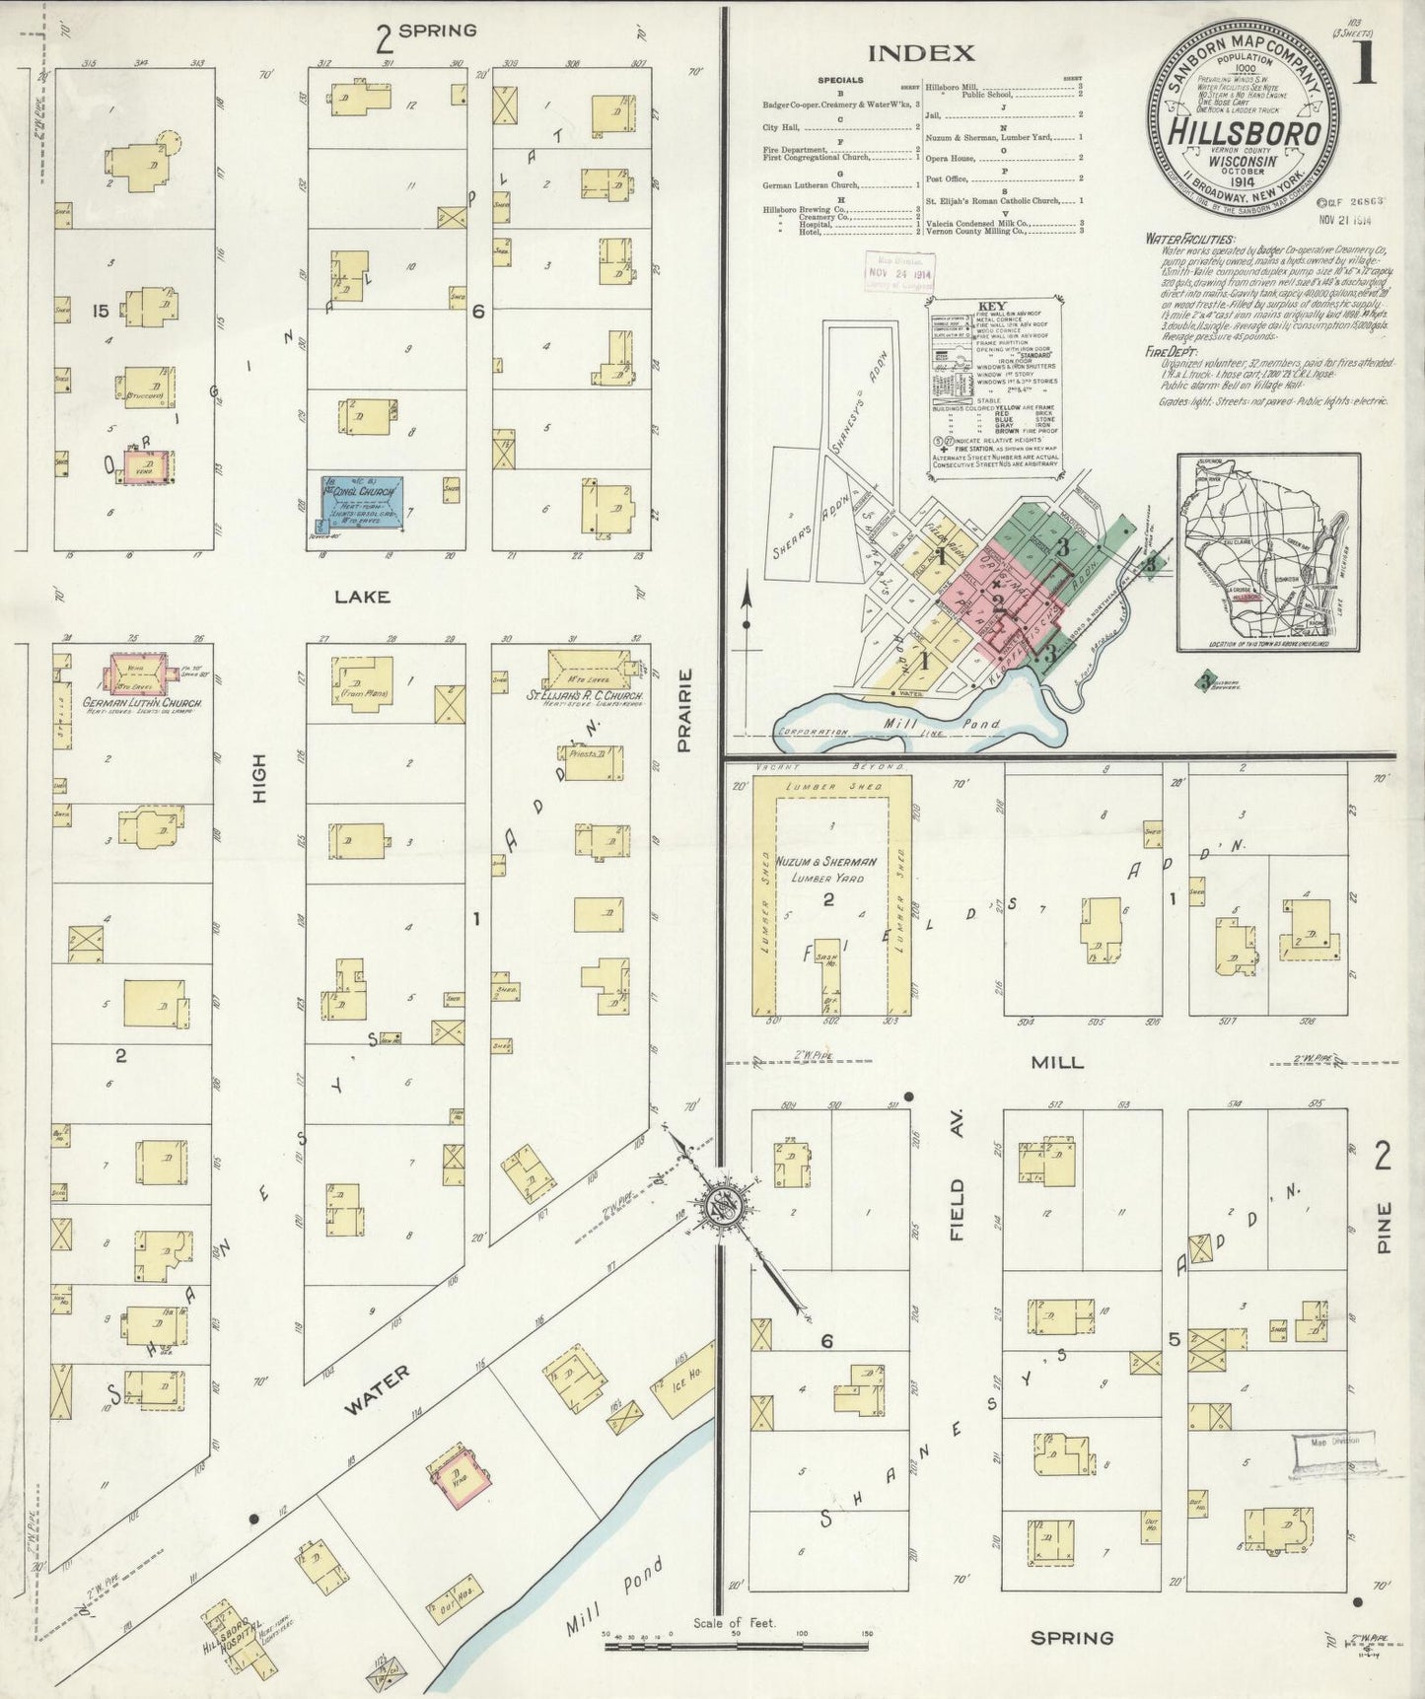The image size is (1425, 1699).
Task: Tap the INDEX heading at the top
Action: click(x=922, y=52)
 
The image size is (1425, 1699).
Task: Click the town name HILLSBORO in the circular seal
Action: click(x=1244, y=132)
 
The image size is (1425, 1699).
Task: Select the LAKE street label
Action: click(x=361, y=597)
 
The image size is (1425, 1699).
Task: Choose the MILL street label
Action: click(x=1057, y=1062)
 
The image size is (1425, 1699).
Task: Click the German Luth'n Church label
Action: click(x=142, y=704)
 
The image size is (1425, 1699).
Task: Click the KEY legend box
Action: click(x=990, y=389)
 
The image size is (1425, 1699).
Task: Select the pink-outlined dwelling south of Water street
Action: click(x=461, y=1475)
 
